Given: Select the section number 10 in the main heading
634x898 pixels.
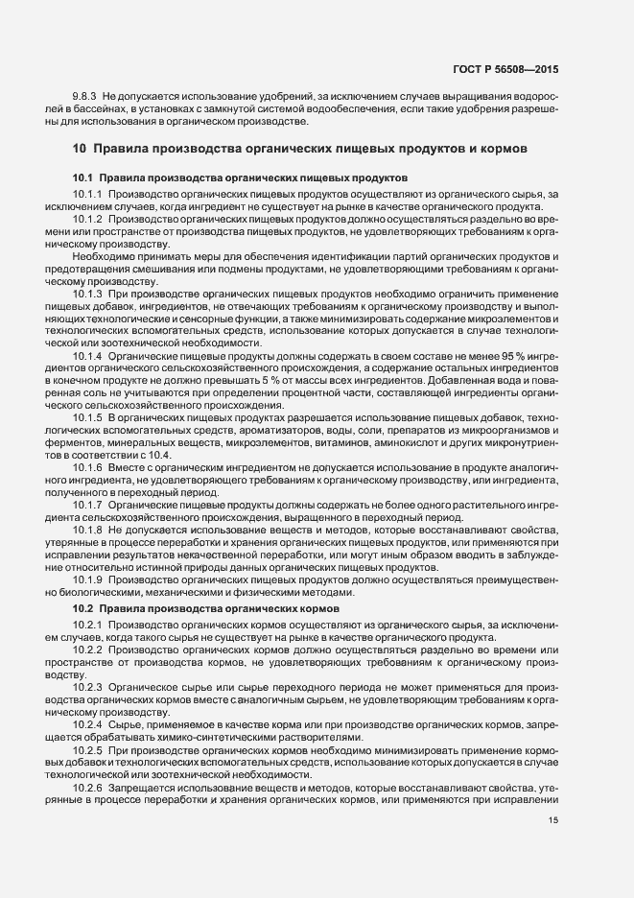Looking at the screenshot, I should pyautogui.click(x=81, y=150).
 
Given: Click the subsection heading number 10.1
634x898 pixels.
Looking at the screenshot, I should pyautogui.click(x=83, y=178).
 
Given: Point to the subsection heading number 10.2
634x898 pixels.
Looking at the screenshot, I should pyautogui.click(x=83, y=609).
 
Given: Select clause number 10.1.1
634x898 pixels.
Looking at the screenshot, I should pyautogui.click(x=87, y=195).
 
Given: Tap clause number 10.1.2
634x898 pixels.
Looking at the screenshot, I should pyautogui.click(x=87, y=219).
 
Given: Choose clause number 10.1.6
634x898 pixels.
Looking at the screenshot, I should pyautogui.click(x=87, y=466).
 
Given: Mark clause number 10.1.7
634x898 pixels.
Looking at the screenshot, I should pyautogui.click(x=87, y=504).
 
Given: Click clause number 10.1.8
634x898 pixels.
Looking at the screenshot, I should pyautogui.click(x=87, y=529).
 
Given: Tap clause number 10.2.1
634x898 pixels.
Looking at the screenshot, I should pyautogui.click(x=87, y=626).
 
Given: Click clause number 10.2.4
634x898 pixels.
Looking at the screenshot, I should pyautogui.click(x=87, y=723).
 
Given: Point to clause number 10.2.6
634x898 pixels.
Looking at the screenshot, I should pyautogui.click(x=87, y=786).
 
